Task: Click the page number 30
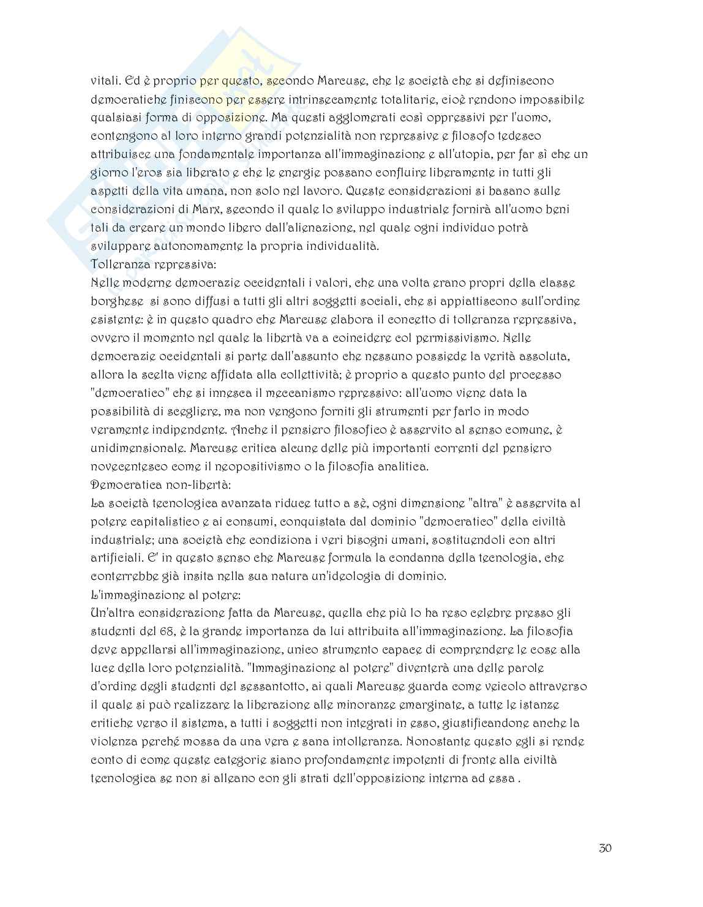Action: tap(605, 848)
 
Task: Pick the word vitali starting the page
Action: tap(106, 81)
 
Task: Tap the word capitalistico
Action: tap(167, 522)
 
